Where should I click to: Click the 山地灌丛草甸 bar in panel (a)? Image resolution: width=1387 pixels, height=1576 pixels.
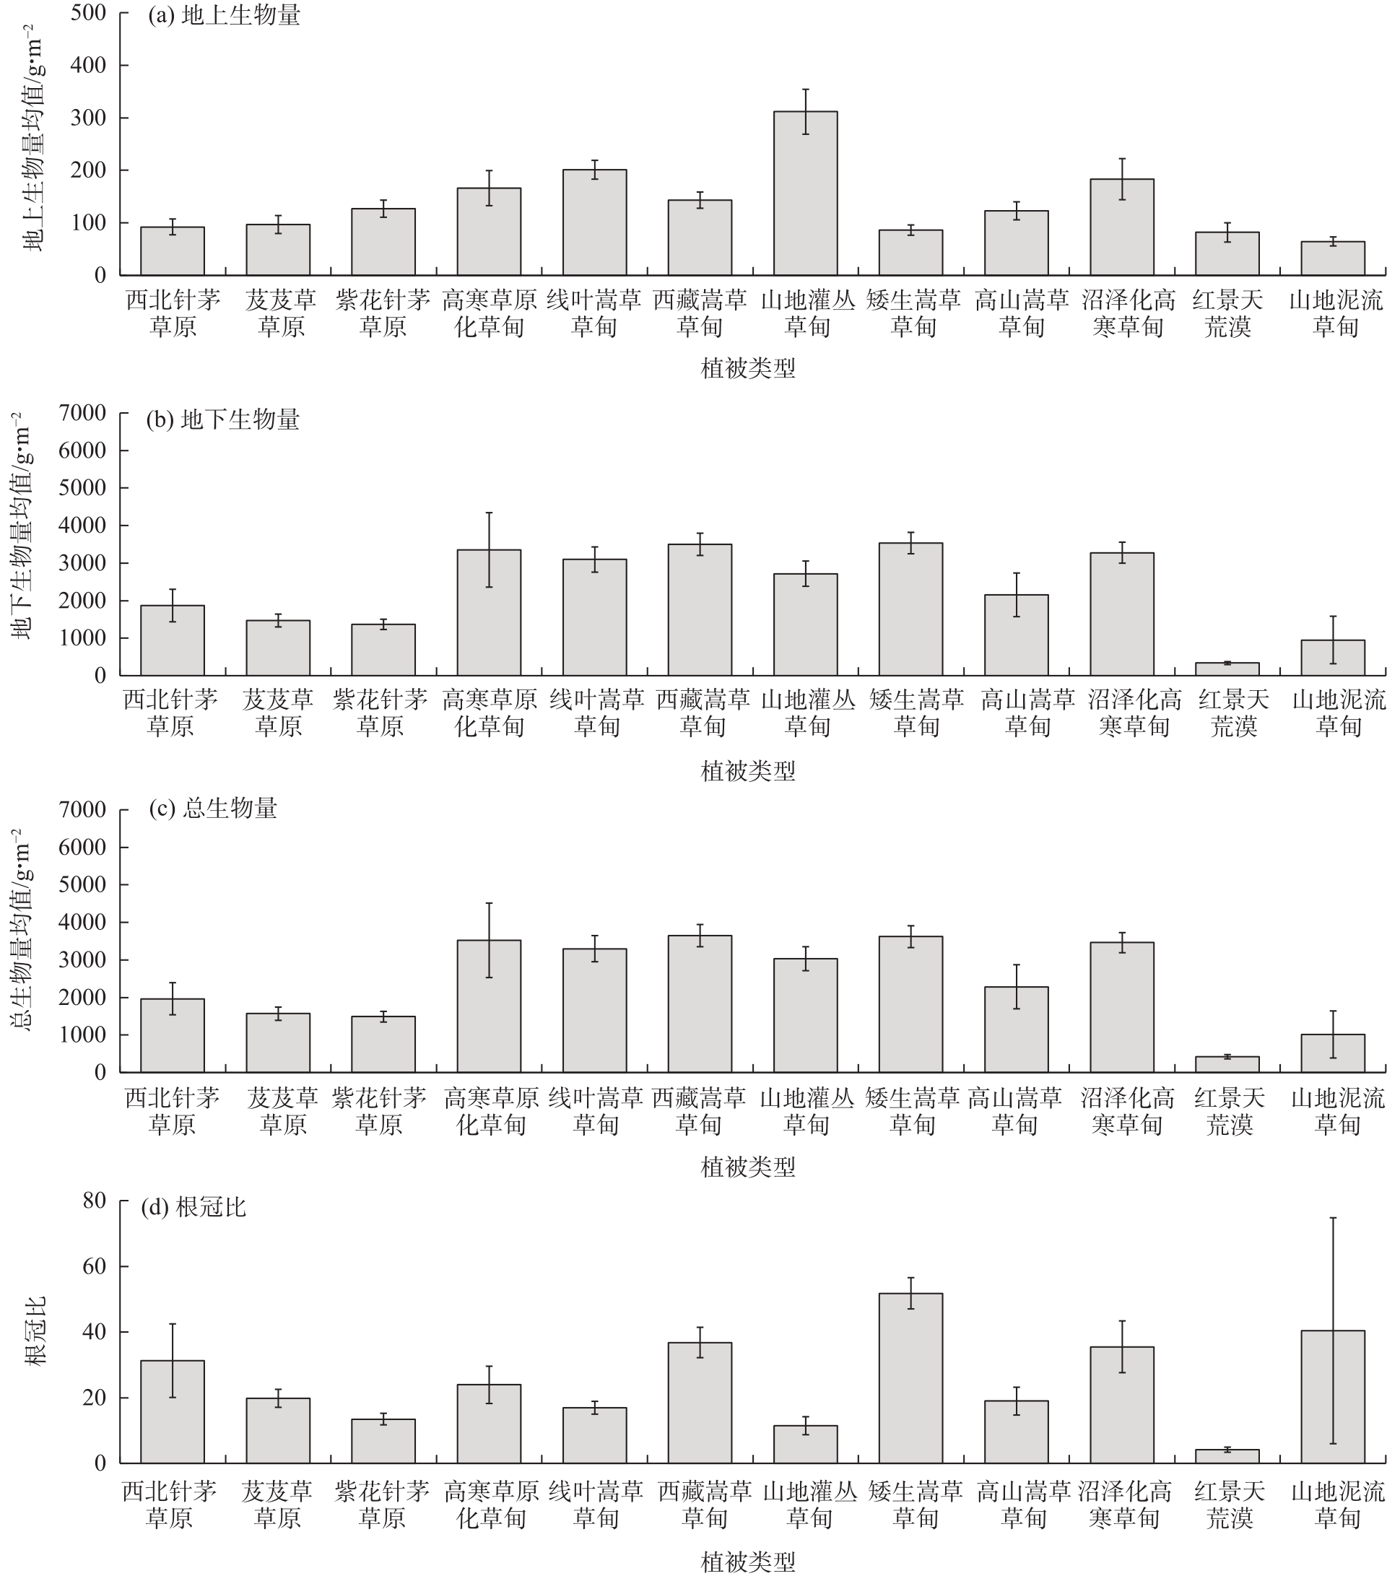coord(805,193)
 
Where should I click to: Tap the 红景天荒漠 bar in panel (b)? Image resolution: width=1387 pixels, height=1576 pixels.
coord(1227,669)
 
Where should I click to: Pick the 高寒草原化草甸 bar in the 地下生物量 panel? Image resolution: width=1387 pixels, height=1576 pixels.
coord(489,612)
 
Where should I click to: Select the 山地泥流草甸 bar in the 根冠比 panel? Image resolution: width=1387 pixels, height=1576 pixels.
coord(1332,1396)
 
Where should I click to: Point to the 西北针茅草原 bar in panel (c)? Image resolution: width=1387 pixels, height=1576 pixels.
coord(172,1035)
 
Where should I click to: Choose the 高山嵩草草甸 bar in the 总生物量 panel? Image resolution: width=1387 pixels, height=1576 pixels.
coord(1016,1029)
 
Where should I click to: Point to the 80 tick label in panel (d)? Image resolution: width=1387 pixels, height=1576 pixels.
coord(94,1201)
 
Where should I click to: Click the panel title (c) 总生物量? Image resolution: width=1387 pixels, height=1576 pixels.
coord(213,808)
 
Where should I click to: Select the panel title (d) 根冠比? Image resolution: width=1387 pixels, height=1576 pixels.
coord(194,1206)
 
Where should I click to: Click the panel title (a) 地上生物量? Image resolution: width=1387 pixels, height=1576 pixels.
coord(224,15)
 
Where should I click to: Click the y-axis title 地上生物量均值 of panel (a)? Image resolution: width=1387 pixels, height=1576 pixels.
coord(34,139)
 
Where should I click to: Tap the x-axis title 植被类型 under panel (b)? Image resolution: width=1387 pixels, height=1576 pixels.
coord(747,770)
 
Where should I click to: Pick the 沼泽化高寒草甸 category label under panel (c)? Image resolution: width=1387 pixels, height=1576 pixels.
coord(1126,1111)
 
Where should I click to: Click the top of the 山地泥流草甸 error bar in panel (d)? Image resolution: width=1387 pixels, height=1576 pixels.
coord(1332,1218)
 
